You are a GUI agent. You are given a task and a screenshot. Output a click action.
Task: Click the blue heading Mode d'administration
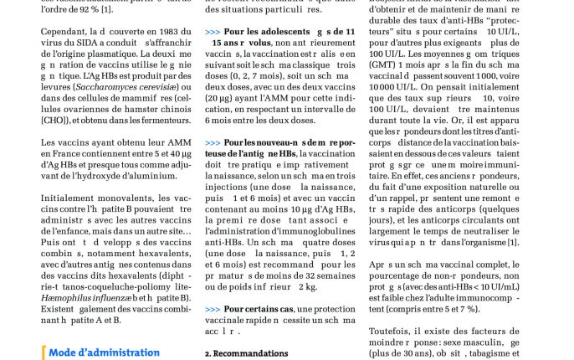click(104, 352)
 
